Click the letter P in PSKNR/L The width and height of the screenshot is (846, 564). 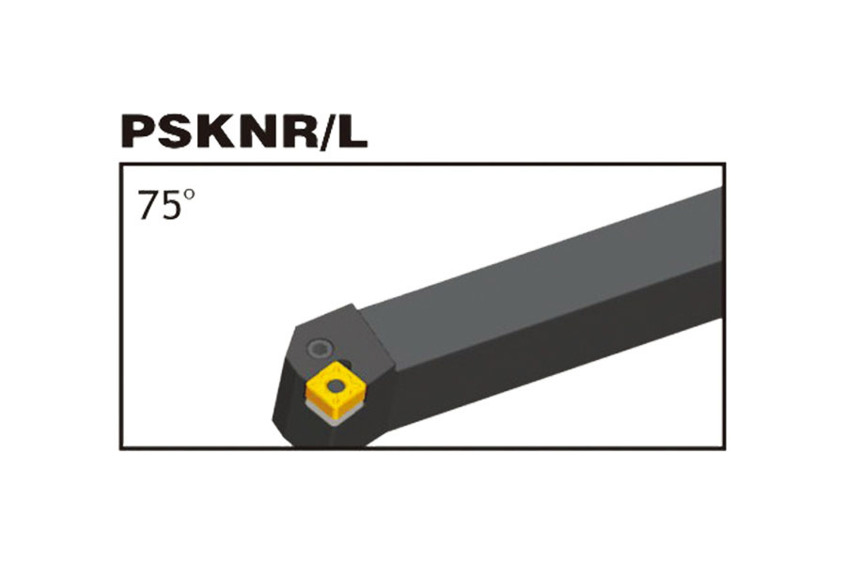coord(139,133)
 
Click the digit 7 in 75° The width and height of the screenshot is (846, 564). coord(149,206)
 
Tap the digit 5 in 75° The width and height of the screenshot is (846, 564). coord(170,206)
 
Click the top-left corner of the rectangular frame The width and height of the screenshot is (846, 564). coord(120,164)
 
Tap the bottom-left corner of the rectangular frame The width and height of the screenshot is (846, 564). coord(120,448)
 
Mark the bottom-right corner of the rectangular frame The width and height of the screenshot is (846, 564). coord(725,448)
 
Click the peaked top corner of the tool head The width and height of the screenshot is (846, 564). coord(354,304)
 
